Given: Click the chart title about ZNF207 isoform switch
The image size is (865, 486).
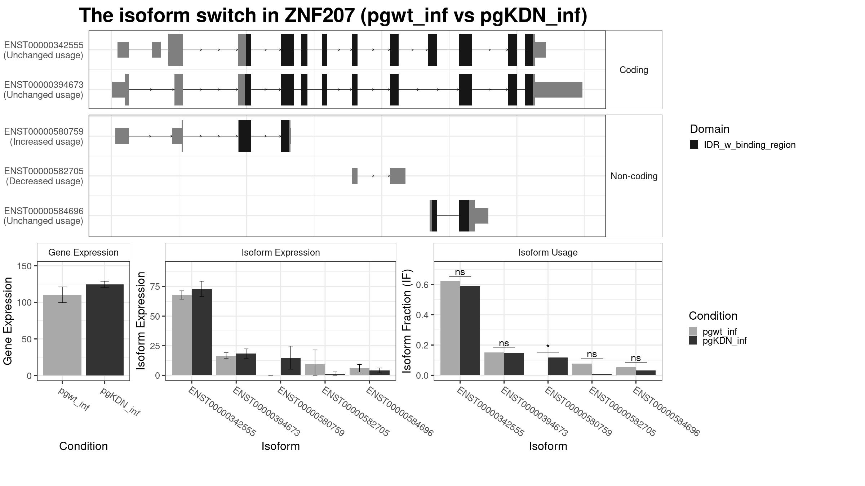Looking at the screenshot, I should [333, 16].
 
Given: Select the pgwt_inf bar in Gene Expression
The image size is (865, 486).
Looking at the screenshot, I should [62, 335].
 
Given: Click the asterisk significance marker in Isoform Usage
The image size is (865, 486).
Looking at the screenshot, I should [548, 347].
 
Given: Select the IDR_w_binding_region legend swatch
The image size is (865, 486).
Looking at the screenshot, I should [694, 145].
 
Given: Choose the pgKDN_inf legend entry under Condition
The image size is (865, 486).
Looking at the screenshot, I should [724, 341].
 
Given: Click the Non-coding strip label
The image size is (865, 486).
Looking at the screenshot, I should [634, 176].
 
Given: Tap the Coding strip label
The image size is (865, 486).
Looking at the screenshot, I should [634, 70].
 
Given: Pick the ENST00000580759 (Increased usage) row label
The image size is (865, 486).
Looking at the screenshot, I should [44, 136].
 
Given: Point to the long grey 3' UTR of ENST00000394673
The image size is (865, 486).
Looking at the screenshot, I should [558, 90].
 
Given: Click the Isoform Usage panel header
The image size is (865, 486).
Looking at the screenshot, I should [547, 252].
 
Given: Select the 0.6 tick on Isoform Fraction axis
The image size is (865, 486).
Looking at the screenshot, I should [422, 285].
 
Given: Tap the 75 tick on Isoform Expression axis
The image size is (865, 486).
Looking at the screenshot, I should [155, 287].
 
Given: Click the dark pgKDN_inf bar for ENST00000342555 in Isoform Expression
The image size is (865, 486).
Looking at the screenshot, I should [202, 332].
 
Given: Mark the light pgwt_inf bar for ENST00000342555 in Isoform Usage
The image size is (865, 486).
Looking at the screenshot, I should [450, 328].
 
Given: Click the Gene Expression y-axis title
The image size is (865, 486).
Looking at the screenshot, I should [8, 320].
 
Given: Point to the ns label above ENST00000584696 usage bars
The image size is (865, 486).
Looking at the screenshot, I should [636, 358].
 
